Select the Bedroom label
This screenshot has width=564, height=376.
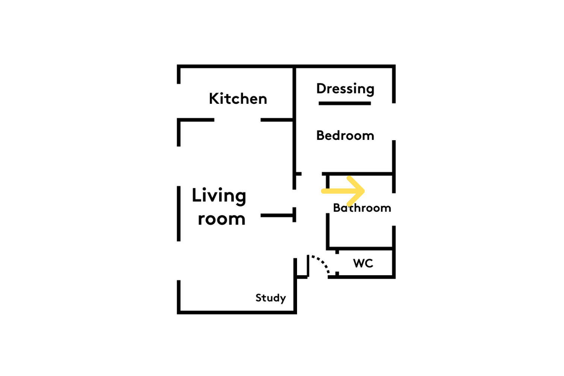click(x=345, y=135)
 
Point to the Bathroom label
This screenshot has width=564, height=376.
click(x=362, y=208)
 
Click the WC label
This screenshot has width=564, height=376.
click(x=363, y=263)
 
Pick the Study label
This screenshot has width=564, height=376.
click(x=271, y=298)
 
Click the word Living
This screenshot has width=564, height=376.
click(x=219, y=197)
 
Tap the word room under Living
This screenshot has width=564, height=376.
click(x=221, y=219)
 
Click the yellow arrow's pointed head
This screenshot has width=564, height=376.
click(x=364, y=191)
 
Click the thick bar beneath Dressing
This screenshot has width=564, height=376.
click(x=345, y=103)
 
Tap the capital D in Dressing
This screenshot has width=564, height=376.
click(x=321, y=88)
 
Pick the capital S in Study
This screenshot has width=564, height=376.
click(x=259, y=298)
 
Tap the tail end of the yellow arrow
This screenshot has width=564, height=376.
click(x=323, y=191)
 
